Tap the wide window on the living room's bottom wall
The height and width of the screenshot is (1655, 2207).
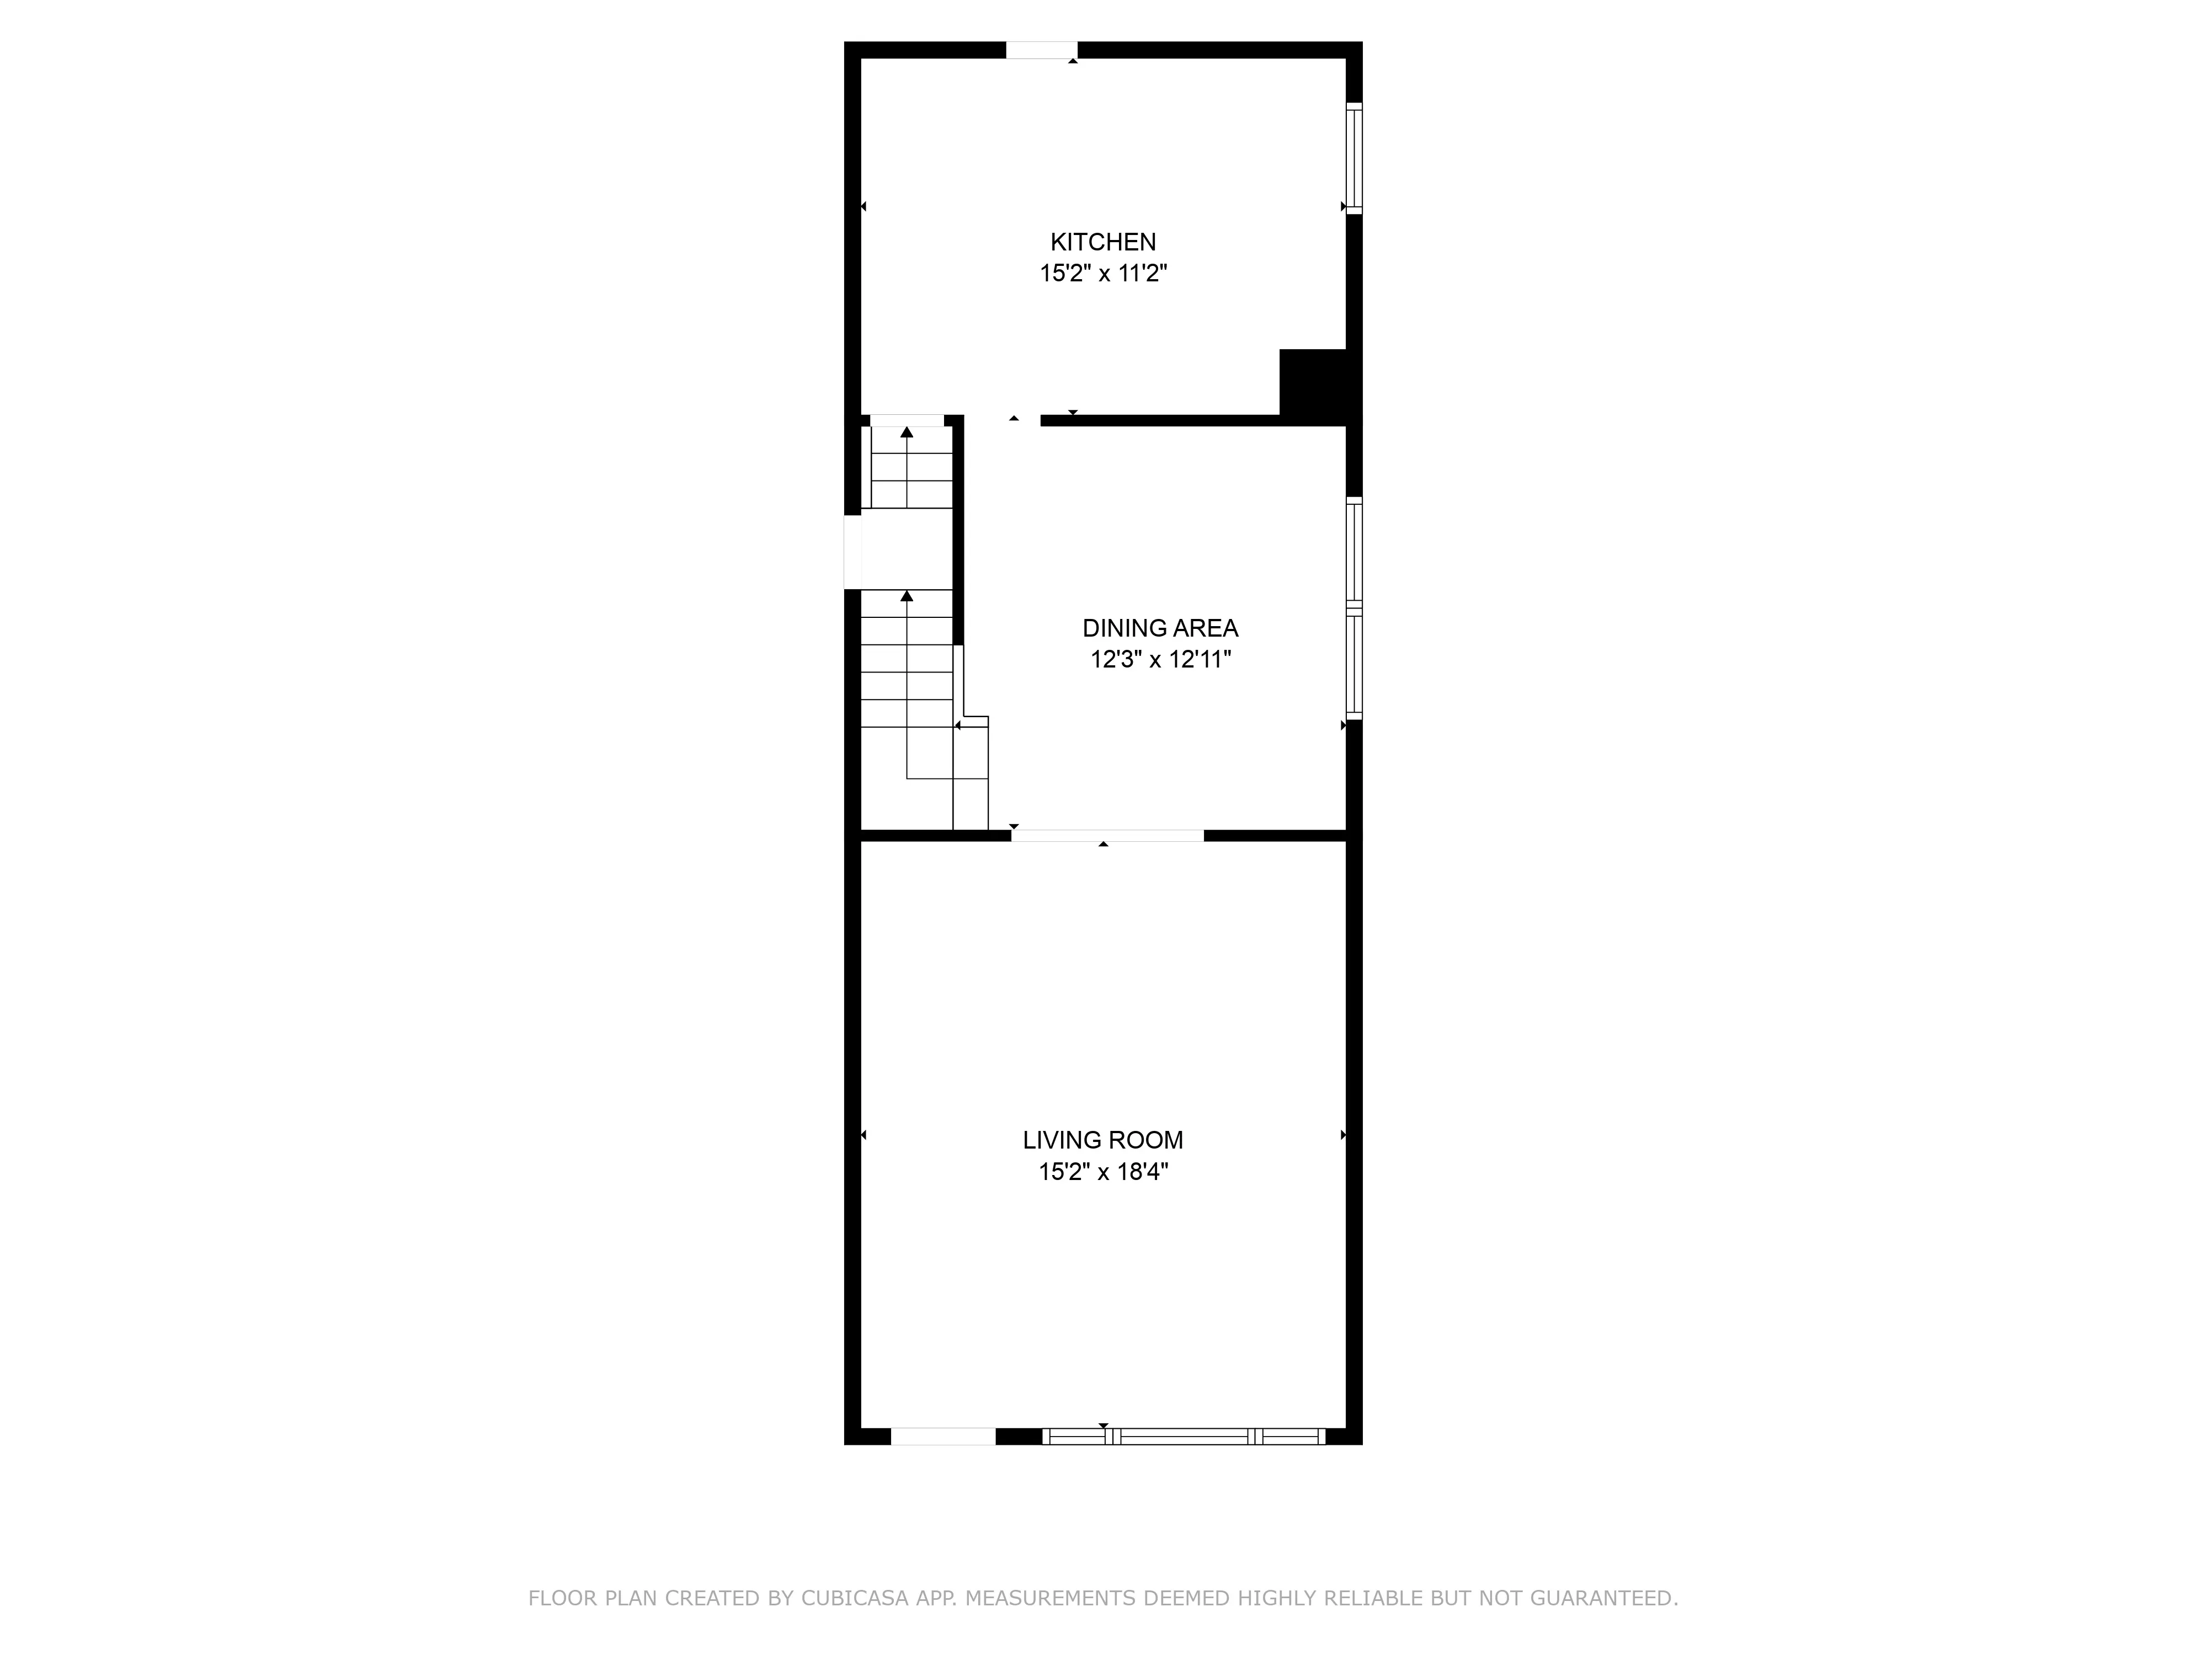point(1184,1437)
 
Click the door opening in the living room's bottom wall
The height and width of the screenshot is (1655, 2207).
point(943,1437)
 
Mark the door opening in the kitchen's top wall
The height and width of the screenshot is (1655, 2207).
point(1042,50)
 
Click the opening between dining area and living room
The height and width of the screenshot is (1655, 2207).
point(1107,836)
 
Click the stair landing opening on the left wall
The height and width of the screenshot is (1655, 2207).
point(853,552)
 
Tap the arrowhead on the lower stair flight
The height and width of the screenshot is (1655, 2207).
point(907,596)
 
